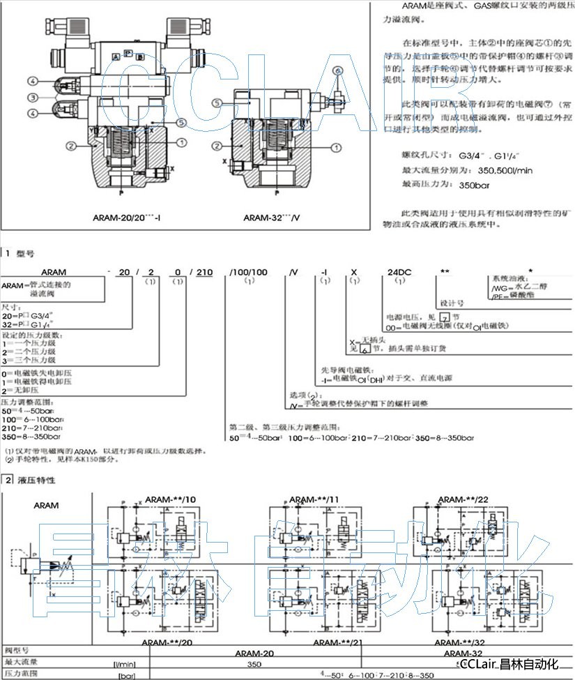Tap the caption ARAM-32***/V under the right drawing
pos(271,217)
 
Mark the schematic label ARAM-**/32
pos(457,642)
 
